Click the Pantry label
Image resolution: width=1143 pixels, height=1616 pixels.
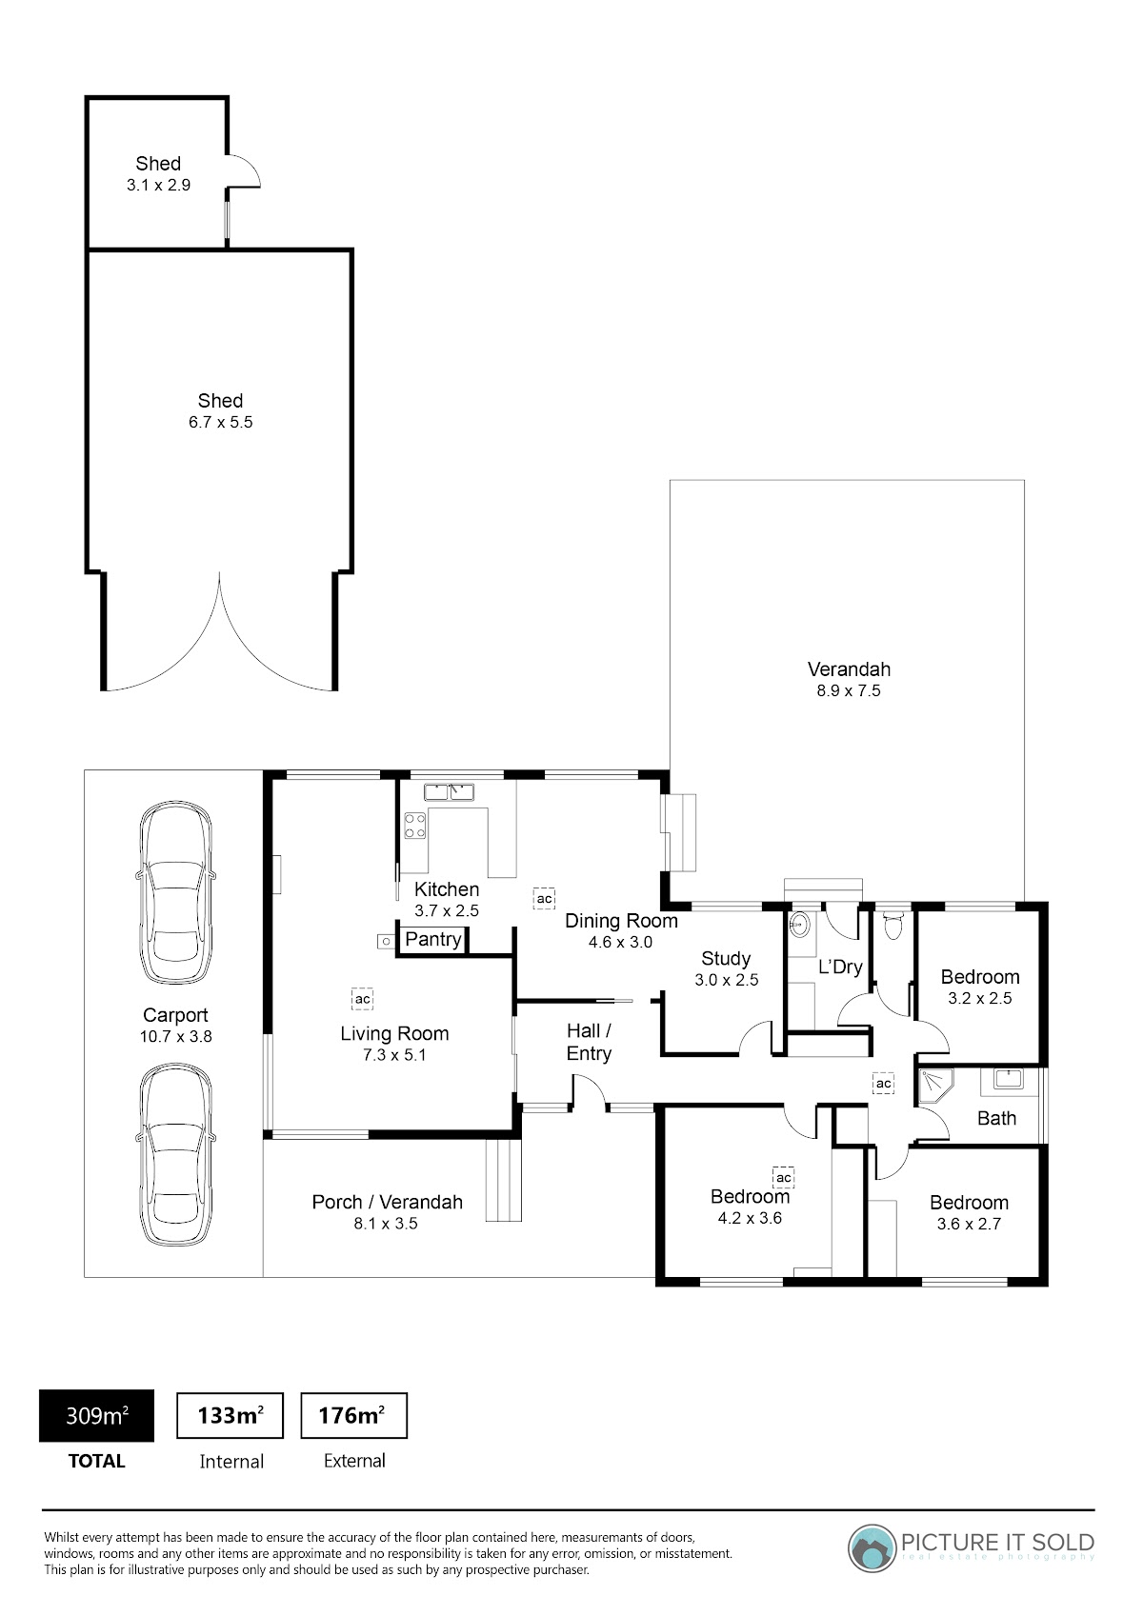[x=433, y=939]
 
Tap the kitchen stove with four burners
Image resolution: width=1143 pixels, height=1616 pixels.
[x=415, y=826]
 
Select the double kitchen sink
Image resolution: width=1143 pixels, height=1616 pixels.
[x=448, y=792]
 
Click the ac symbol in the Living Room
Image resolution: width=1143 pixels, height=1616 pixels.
[x=362, y=999]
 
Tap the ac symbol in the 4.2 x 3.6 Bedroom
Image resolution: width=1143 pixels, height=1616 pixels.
[x=783, y=1177]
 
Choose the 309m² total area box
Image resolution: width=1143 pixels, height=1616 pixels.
[x=97, y=1415]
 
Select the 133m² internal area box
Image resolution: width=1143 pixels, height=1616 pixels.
[x=231, y=1415]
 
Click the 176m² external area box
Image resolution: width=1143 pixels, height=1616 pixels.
[x=353, y=1415]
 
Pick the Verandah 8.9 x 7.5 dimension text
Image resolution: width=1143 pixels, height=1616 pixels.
[x=849, y=690]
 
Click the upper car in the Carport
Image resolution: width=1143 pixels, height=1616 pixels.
[x=175, y=892]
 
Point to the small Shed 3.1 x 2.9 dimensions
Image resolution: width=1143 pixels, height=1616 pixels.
[x=159, y=185]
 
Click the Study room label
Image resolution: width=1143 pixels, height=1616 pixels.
[x=726, y=958]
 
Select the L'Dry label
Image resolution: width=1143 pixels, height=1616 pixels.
[x=840, y=966]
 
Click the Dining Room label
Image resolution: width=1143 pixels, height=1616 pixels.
[x=621, y=921]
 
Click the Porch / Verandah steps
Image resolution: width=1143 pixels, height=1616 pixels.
[x=504, y=1180]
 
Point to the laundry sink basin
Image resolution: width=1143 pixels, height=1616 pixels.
[x=799, y=924]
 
